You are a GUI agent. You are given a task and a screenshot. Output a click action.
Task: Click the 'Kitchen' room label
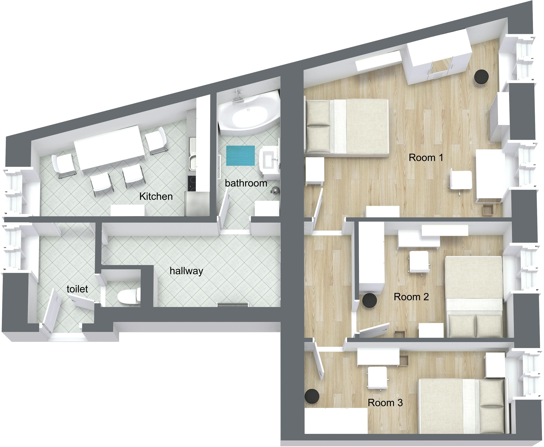(156, 196)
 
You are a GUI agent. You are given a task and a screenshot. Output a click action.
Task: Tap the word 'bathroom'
(246, 183)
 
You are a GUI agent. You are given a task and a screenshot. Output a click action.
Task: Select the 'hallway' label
(186, 271)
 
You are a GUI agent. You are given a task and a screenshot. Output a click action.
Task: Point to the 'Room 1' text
(426, 158)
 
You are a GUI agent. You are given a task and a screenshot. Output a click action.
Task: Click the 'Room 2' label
(411, 297)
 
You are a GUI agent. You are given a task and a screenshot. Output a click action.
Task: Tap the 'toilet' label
(77, 289)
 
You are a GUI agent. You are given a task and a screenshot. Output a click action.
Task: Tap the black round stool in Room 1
(481, 76)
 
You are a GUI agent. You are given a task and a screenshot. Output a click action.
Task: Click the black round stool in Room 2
(370, 300)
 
